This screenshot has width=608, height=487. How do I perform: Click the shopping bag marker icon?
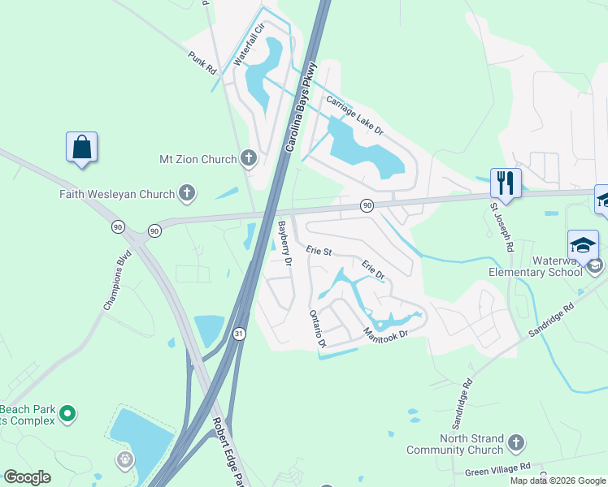[x=81, y=148]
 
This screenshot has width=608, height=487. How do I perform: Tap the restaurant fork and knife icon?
[x=505, y=183]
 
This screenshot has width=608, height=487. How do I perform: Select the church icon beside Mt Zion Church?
[x=250, y=159]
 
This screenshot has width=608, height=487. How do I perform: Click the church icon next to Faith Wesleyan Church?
[x=188, y=193]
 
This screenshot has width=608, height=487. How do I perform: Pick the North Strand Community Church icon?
[x=515, y=443]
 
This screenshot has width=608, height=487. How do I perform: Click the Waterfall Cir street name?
[x=250, y=45]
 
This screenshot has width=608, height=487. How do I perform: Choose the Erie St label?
[x=319, y=252]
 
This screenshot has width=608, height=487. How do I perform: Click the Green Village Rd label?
[x=498, y=468]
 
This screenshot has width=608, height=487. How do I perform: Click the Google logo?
[x=26, y=477]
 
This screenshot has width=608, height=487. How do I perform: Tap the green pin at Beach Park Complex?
[x=68, y=414]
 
